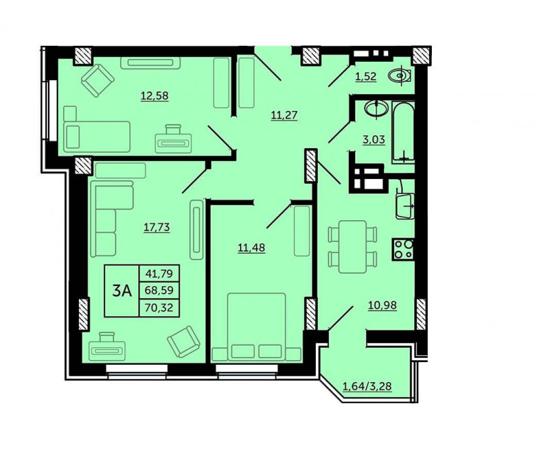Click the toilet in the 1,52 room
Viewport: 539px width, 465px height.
pyautogui.click(x=400, y=76)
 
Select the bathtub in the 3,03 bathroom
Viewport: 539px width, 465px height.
pyautogui.click(x=403, y=132)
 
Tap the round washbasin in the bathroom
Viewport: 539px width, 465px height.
pyautogui.click(x=376, y=108)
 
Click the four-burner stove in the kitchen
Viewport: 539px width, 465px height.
pyautogui.click(x=403, y=249)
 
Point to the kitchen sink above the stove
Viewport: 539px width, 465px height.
pyautogui.click(x=405, y=205)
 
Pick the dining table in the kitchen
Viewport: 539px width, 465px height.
pyautogui.click(x=352, y=246)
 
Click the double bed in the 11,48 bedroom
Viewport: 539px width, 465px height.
pyautogui.click(x=257, y=326)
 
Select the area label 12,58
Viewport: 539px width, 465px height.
pyautogui.click(x=155, y=96)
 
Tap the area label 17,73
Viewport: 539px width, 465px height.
pyautogui.click(x=157, y=227)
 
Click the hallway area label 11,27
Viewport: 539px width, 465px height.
pyautogui.click(x=284, y=114)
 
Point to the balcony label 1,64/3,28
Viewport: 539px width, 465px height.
pyautogui.click(x=367, y=386)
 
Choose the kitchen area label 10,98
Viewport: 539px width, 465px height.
pyautogui.click(x=382, y=305)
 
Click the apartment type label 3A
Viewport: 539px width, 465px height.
pyautogui.click(x=122, y=291)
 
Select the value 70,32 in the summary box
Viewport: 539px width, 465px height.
pyautogui.click(x=159, y=308)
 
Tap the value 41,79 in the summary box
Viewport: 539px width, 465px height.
pyautogui.click(x=159, y=274)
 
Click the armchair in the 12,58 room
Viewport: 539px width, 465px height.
pyautogui.click(x=98, y=80)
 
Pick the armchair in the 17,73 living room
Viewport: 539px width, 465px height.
pyautogui.click(x=183, y=342)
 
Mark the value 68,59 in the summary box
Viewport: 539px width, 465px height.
pyautogui.click(x=159, y=291)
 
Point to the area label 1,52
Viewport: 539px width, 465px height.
pyautogui.click(x=366, y=76)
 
